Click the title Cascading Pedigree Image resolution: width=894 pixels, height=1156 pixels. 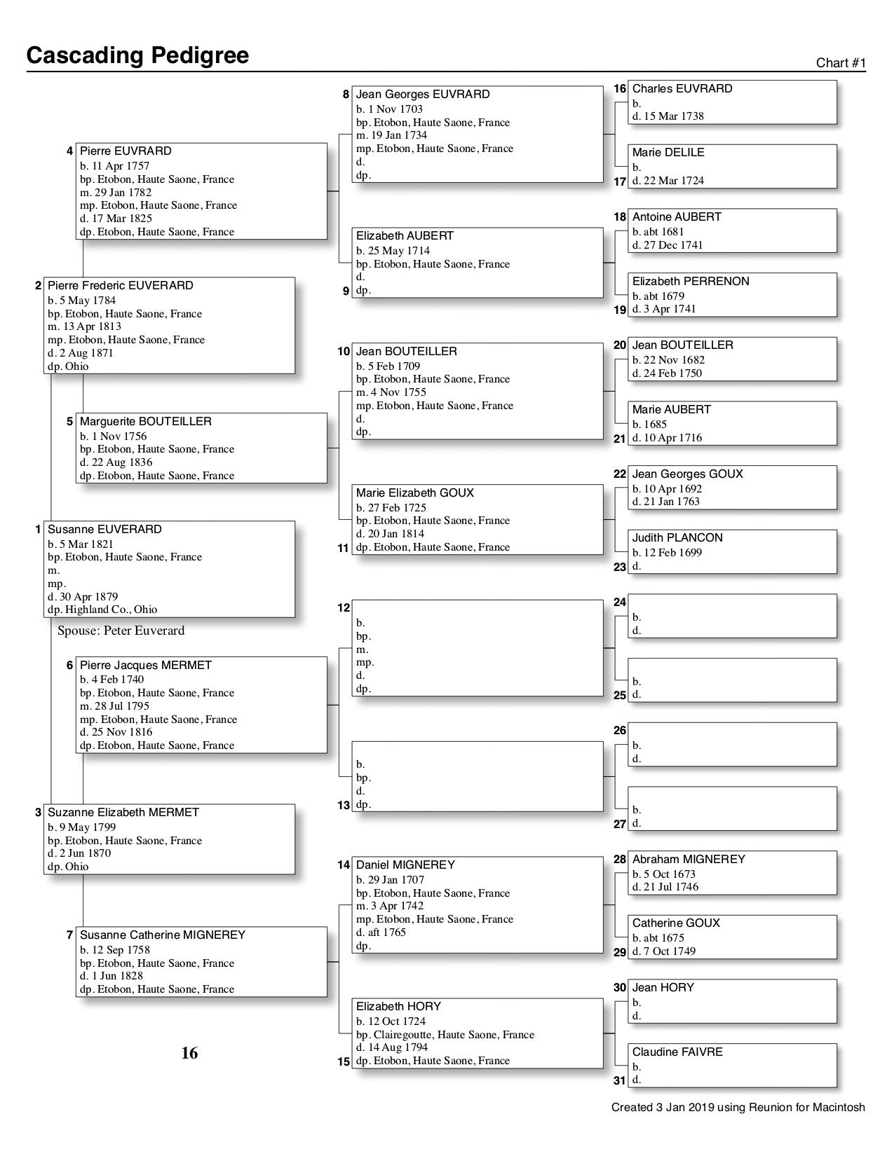(x=137, y=55)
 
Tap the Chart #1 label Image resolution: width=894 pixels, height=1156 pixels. (x=841, y=63)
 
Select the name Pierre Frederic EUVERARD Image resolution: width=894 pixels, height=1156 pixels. (x=120, y=286)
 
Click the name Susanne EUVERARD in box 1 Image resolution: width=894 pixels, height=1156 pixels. (x=104, y=530)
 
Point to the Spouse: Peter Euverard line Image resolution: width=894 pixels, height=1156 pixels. (x=121, y=631)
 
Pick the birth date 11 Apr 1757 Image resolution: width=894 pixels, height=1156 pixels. (x=114, y=166)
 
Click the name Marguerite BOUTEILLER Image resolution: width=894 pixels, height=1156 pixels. (x=145, y=422)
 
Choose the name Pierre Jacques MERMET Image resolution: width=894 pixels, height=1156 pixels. (x=145, y=666)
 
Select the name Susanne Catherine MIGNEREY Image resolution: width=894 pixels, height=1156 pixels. (x=163, y=935)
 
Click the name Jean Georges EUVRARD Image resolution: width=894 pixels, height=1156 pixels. (x=423, y=95)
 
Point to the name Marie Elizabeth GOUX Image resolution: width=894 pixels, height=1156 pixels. (x=414, y=493)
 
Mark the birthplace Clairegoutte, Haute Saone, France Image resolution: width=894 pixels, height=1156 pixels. (x=445, y=1035)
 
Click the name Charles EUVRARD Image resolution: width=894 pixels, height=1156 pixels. (x=682, y=89)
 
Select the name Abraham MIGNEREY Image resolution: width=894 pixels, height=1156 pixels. (x=688, y=860)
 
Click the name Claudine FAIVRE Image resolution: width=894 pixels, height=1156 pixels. (x=677, y=1052)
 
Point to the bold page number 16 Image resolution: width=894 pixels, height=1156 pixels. (x=189, y=1053)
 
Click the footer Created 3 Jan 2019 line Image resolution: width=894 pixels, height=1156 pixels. (x=738, y=1108)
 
